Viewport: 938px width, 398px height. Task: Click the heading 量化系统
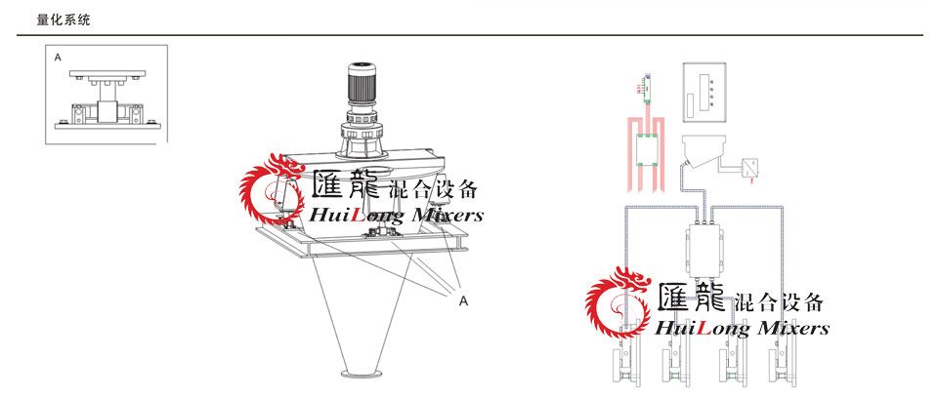point(64,20)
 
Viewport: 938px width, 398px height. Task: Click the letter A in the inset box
point(58,58)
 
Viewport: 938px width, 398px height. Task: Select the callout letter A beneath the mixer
point(462,301)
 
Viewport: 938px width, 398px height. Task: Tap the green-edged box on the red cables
point(647,150)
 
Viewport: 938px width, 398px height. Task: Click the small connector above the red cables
point(646,88)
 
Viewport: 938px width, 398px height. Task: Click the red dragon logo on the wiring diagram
point(618,302)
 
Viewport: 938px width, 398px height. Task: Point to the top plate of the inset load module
point(107,73)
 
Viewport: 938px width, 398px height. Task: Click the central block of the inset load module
point(107,112)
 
